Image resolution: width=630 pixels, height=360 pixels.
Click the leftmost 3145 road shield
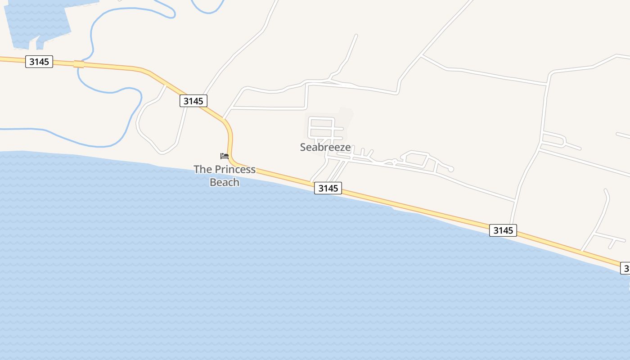tap(39, 62)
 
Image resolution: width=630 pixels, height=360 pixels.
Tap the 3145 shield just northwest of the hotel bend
tap(193, 101)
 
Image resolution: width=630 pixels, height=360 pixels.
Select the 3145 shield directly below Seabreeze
tap(328, 188)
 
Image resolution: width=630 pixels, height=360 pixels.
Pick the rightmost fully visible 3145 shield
tap(503, 230)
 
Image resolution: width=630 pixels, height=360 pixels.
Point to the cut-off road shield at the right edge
tap(625, 268)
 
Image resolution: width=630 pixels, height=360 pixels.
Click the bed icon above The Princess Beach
tap(225, 156)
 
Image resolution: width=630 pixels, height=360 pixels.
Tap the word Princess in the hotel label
tap(235, 170)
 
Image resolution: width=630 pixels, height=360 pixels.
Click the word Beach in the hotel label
tap(225, 182)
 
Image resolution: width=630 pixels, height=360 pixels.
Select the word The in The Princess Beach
tap(203, 170)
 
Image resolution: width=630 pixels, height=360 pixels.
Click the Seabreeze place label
tap(325, 147)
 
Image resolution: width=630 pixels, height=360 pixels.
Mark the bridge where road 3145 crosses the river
tap(79, 64)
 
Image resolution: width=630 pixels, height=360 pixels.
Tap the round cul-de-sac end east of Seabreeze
tap(450, 169)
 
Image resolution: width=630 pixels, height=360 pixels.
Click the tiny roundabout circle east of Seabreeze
tap(394, 161)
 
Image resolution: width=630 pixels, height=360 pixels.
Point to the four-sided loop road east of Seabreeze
tap(417, 158)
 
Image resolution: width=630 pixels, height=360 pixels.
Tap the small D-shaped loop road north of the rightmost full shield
tap(553, 140)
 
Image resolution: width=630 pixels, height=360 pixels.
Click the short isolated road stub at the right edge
tap(623, 135)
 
